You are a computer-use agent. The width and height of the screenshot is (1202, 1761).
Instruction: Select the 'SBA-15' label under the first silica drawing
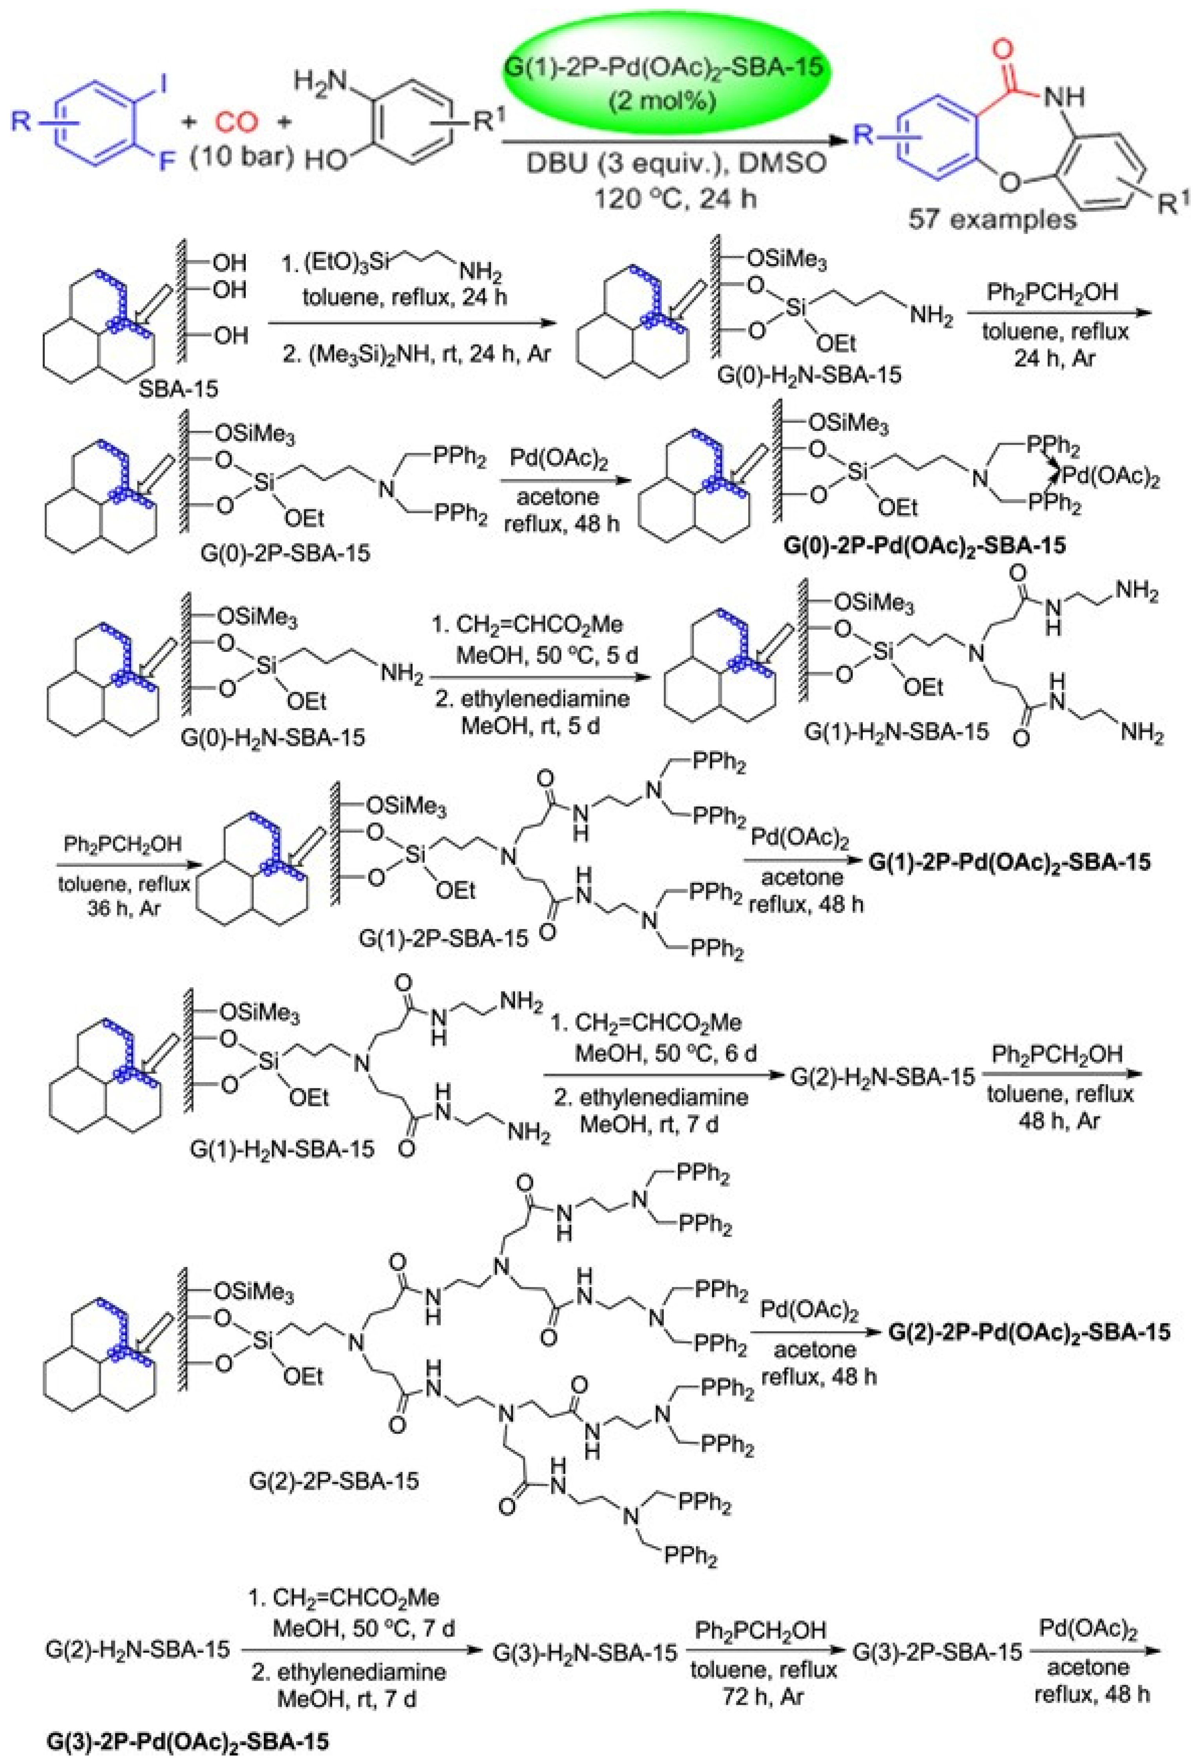pos(179,389)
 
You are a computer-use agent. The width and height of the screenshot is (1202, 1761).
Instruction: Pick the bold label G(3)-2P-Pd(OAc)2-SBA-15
pos(188,1741)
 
